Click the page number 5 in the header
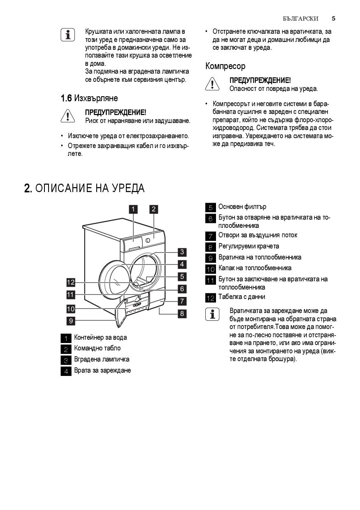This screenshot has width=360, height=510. (333, 19)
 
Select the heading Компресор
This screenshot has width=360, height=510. (225, 66)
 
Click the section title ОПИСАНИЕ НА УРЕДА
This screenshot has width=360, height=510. (84, 188)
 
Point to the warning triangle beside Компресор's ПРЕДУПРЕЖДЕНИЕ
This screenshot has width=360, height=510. (212, 84)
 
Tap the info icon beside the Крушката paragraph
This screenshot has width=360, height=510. (67, 35)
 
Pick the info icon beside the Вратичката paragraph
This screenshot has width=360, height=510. (212, 315)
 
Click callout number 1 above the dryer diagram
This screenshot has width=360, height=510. (133, 209)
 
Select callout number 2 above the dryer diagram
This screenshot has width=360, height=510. (153, 209)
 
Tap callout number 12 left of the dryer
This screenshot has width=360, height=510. (71, 282)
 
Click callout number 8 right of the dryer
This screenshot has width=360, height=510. (182, 313)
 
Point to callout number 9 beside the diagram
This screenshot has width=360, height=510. (71, 321)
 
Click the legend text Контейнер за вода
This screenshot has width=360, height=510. (100, 338)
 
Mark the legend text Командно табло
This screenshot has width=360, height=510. (97, 348)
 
